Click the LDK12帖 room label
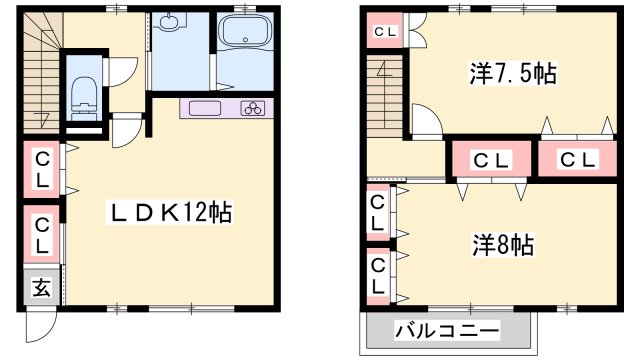(171, 213)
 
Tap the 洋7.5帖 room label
(513, 74)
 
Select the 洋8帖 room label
(502, 245)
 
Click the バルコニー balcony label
(447, 329)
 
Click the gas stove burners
(251, 109)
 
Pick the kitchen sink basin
(205, 109)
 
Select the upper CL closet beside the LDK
(43, 168)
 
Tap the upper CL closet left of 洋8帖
(377, 212)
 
